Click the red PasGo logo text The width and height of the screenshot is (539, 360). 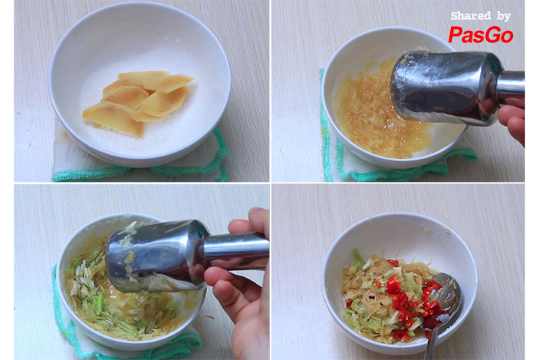[480, 35]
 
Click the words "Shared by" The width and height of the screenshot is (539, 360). [480, 16]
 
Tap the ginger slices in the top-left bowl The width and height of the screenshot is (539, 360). [137, 101]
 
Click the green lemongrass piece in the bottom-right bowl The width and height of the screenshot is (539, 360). [358, 257]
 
